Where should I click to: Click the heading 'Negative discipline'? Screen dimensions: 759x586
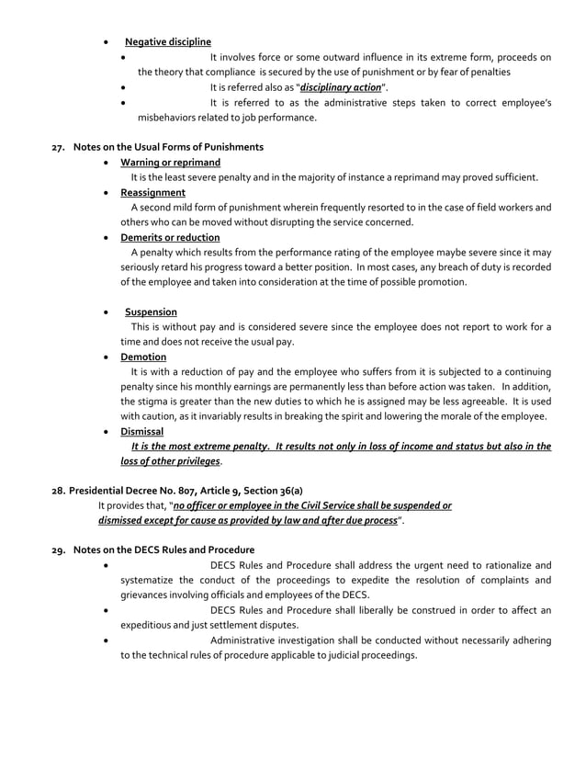tap(167, 42)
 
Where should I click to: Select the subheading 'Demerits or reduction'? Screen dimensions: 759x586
tap(175, 237)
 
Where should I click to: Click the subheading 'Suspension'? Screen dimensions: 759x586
tap(151, 312)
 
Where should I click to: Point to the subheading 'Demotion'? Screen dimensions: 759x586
tap(148, 357)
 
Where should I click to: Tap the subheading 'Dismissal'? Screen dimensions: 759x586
tap(147, 431)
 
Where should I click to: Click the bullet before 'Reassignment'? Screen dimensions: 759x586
tap(110, 193)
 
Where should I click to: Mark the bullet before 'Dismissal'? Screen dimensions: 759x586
tap(110, 431)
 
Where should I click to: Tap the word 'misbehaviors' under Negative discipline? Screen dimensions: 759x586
tap(167, 118)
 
